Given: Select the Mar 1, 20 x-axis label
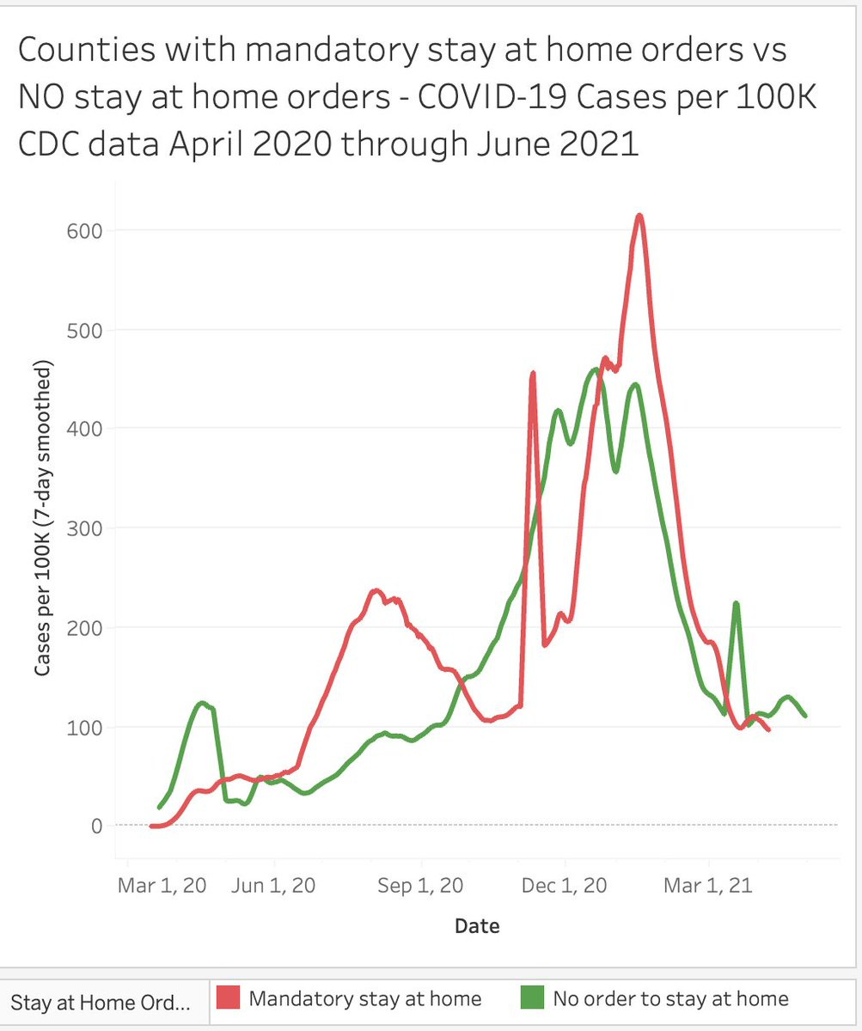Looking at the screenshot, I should click(x=162, y=886).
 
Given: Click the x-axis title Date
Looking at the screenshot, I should click(x=477, y=925).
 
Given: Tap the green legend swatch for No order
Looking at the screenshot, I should click(x=532, y=998).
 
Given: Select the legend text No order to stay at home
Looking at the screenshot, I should click(x=670, y=998).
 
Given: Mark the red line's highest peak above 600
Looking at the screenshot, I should click(x=639, y=216).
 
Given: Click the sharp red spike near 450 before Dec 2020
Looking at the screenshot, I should click(x=533, y=374).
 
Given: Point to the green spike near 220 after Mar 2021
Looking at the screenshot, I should click(x=737, y=604).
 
